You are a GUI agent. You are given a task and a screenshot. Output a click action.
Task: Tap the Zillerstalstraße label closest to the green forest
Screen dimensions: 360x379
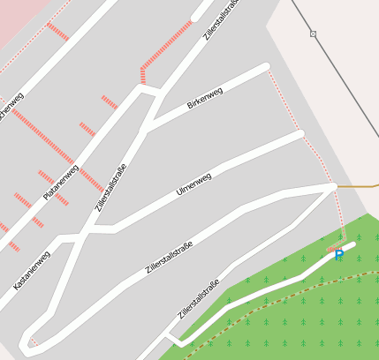click(198, 300)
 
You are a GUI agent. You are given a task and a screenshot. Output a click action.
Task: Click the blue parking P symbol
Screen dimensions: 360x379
click(338, 255)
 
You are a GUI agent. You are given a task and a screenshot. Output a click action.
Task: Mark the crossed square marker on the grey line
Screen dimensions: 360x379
click(313, 34)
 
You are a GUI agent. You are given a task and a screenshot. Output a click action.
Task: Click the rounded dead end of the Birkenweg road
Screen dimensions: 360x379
click(264, 67)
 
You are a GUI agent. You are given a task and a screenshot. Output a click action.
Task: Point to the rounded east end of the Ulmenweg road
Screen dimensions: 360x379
click(299, 134)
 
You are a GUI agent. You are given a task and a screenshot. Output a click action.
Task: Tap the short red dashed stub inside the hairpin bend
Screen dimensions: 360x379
click(33, 341)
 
